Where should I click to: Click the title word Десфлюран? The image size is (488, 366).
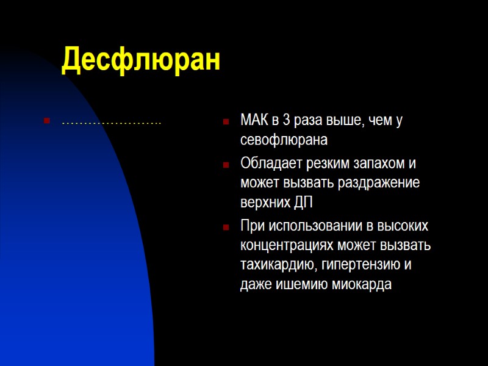(141, 60)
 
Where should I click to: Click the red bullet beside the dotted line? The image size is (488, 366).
(46, 121)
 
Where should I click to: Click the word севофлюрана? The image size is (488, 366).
(284, 140)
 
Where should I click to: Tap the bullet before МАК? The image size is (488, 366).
(226, 121)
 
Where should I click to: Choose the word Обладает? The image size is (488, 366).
(268, 164)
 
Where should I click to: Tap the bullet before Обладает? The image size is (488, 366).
(226, 164)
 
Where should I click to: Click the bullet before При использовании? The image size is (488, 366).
(226, 226)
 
